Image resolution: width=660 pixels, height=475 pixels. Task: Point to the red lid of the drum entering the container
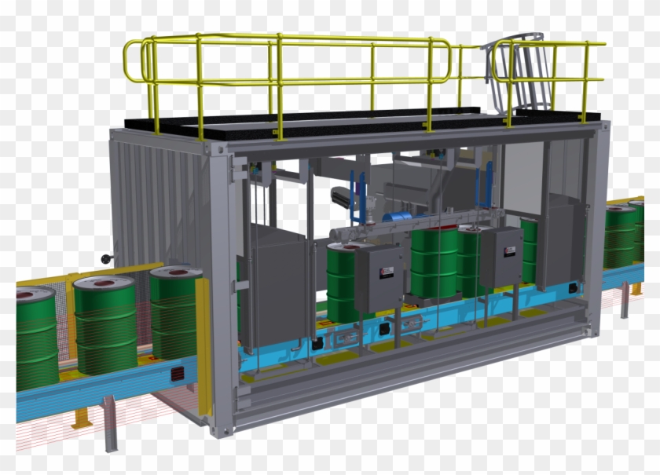[x=175, y=273]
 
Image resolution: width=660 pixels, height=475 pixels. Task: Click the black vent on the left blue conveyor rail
[x=178, y=374]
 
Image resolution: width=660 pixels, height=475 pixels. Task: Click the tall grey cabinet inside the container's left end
[x=275, y=290]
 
